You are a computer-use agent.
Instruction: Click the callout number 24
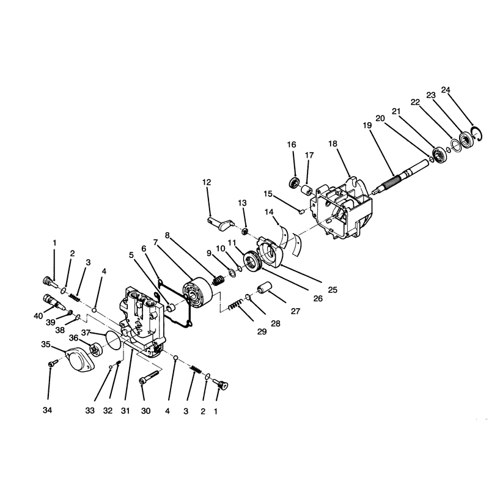pos(446,90)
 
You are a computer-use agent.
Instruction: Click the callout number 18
pos(333,144)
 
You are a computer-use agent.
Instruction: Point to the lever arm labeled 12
pos(221,223)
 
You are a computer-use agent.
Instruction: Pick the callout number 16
pos(292,145)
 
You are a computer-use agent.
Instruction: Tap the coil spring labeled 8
pos(218,281)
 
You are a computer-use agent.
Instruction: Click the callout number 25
pos(333,290)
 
